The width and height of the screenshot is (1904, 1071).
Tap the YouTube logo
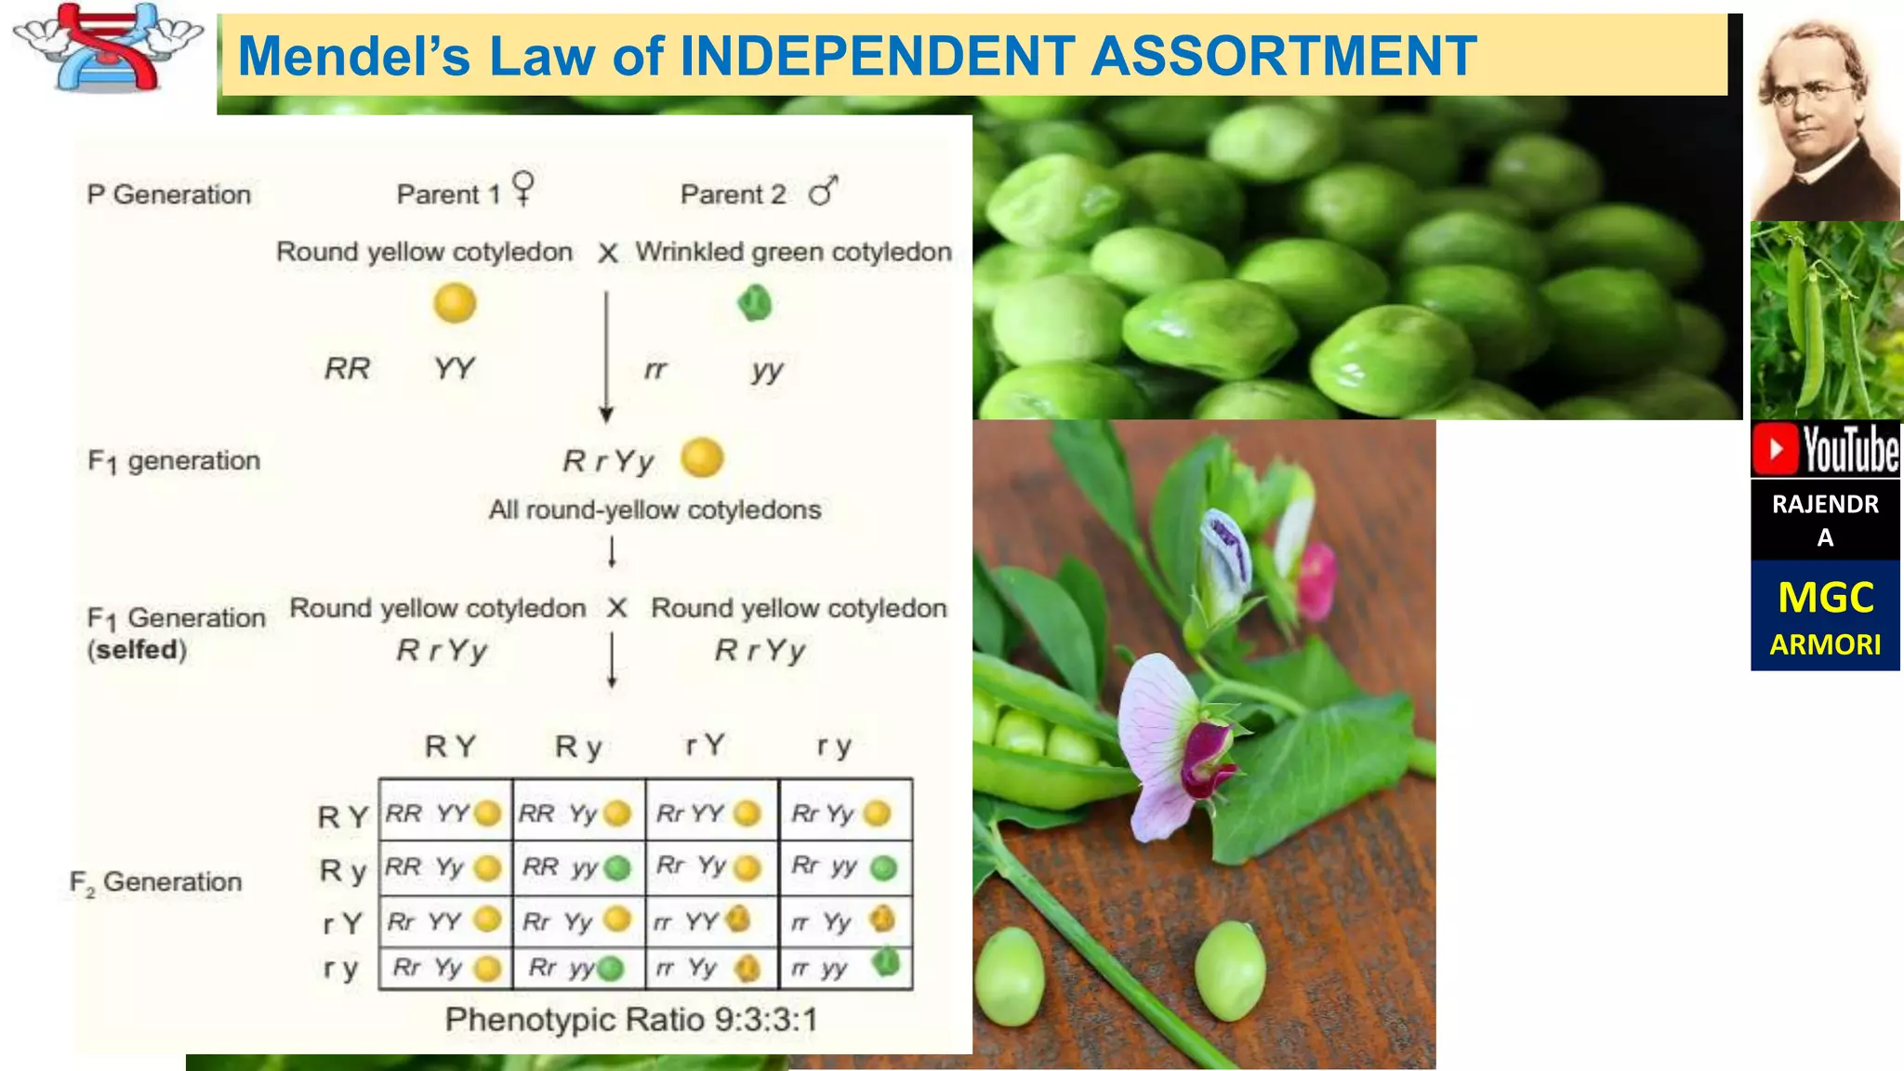click(1826, 449)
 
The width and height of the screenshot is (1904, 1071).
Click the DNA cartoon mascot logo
click(108, 48)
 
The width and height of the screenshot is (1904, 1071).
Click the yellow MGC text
click(1825, 597)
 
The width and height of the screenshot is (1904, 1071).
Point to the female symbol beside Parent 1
click(523, 188)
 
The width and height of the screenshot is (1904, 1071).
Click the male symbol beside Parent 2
click(823, 192)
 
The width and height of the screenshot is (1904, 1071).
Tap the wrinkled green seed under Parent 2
click(754, 303)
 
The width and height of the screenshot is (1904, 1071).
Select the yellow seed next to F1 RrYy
click(702, 457)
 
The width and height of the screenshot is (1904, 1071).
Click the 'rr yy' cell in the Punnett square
click(845, 968)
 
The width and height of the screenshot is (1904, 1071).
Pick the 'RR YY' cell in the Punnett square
click(444, 813)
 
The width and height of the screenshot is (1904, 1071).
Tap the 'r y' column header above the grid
click(834, 746)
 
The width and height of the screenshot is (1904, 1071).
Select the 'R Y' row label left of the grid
click(343, 816)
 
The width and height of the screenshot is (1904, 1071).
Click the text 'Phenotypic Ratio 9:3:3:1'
click(631, 1019)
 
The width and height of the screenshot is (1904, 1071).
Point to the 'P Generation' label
click(169, 194)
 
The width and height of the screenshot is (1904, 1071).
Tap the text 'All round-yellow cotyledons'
click(654, 509)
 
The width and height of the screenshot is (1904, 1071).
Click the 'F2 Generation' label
click(156, 881)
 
